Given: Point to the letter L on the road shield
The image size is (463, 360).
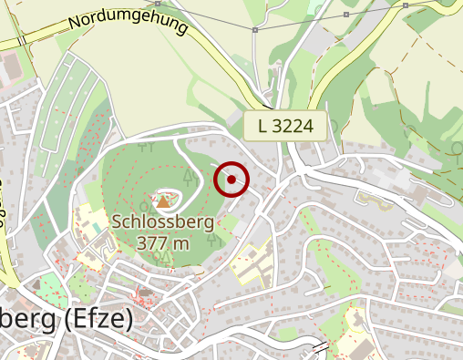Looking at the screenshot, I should (263, 126).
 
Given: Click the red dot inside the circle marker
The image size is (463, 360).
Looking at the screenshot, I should (231, 180).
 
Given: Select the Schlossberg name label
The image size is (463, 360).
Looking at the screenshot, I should (163, 221).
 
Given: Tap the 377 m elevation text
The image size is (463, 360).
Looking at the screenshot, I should (163, 242).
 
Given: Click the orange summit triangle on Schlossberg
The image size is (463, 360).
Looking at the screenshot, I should (163, 201).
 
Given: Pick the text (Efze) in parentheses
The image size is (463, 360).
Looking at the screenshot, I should (98, 320).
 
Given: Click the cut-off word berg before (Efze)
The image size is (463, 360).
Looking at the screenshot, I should (28, 320).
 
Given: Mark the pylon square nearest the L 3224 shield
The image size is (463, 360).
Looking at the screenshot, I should (255, 30).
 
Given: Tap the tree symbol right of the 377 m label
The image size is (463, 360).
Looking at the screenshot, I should (211, 240).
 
